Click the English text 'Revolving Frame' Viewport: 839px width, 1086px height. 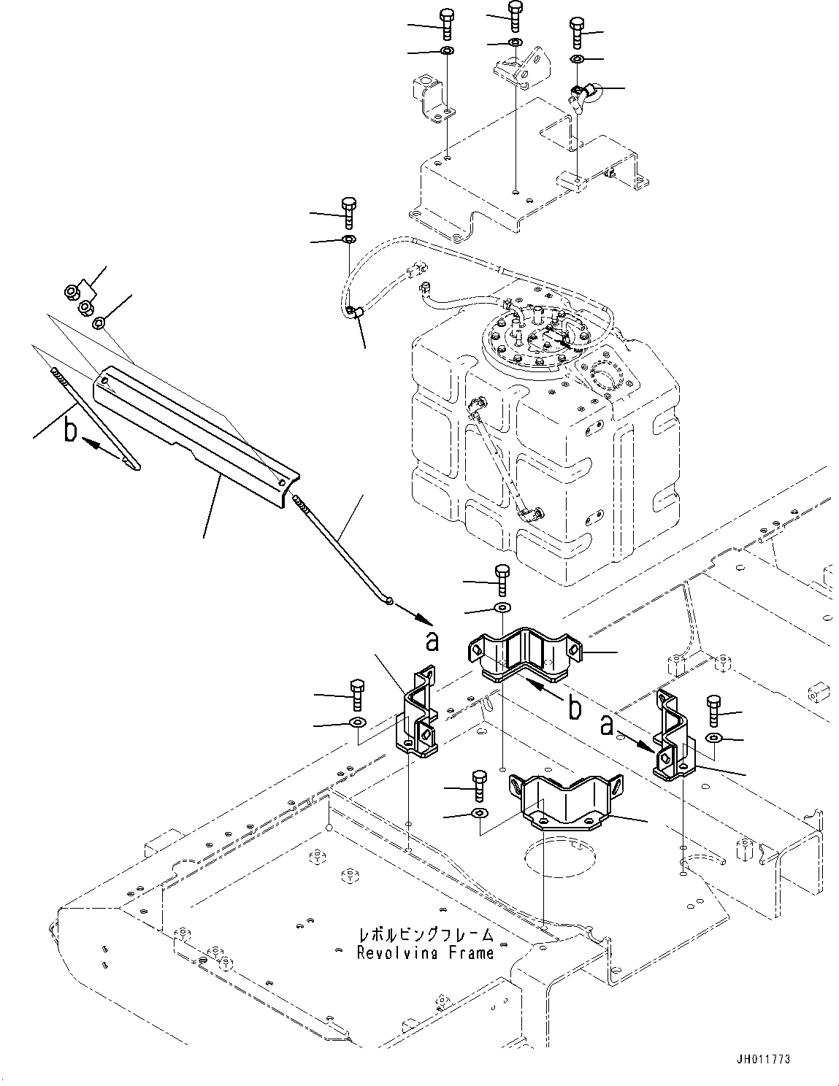[x=425, y=952]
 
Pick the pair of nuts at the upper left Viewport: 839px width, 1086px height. [x=79, y=298]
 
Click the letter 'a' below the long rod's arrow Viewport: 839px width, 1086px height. [x=432, y=641]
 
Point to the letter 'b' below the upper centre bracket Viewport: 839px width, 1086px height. [x=575, y=706]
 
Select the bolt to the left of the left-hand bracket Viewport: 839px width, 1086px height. [x=357, y=695]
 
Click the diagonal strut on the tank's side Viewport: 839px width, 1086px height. [x=502, y=458]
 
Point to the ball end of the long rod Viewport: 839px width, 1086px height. [x=391, y=601]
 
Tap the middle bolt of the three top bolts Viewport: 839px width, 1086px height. [x=516, y=16]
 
